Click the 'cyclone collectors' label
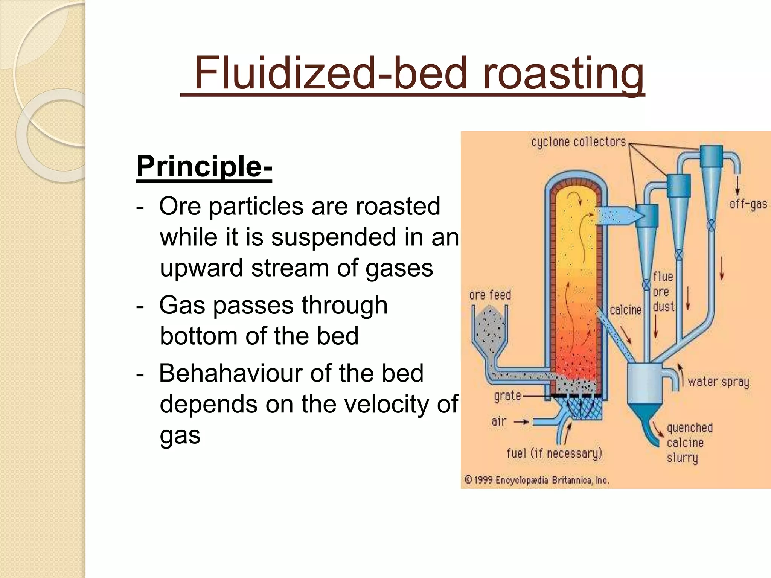coord(579,142)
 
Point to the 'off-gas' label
coord(748,204)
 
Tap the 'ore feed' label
coord(490,295)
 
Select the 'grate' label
coord(507,396)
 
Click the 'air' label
coord(499,421)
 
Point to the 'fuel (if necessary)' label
coord(555,453)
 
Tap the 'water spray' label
coord(718,382)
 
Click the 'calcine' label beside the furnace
coord(625,310)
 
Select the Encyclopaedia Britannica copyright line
coord(537,480)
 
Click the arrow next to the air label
coord(521,422)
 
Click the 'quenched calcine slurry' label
coord(689,443)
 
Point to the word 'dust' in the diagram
coord(663,307)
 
